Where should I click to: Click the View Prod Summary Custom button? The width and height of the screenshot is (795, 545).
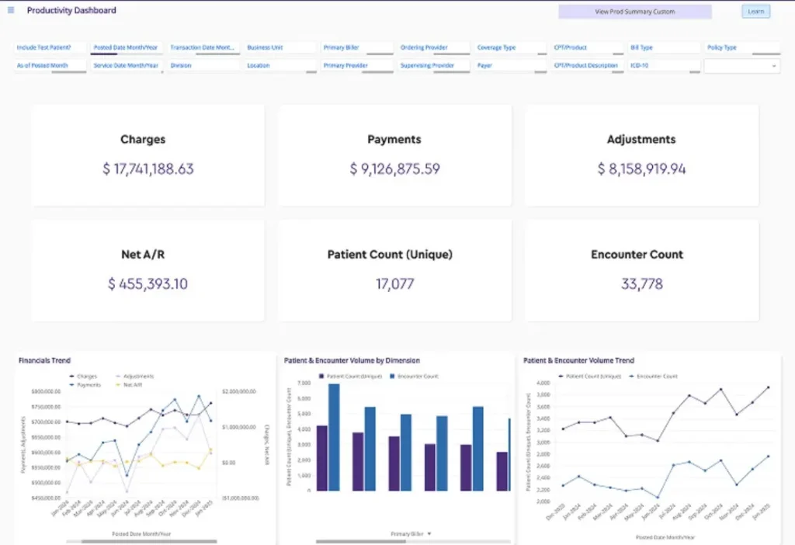click(x=634, y=12)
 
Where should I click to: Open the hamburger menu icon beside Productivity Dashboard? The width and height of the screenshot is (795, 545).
click(x=11, y=11)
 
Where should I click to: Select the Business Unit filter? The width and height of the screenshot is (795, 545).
click(x=279, y=48)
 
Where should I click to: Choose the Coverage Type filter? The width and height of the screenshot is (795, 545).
click(x=509, y=48)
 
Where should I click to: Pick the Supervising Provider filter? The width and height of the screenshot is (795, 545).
click(x=433, y=66)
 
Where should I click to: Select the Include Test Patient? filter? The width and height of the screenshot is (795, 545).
click(x=50, y=48)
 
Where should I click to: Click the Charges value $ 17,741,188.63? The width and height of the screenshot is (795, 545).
click(x=148, y=169)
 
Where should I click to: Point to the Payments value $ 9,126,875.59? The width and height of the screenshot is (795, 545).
click(x=394, y=169)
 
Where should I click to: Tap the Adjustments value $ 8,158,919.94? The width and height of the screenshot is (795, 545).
click(x=641, y=169)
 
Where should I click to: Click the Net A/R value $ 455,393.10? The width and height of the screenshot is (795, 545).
click(x=148, y=284)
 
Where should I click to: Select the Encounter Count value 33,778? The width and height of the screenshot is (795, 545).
click(x=641, y=284)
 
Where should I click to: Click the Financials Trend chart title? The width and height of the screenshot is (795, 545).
click(x=44, y=360)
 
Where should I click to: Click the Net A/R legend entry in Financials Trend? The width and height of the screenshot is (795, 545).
click(x=133, y=384)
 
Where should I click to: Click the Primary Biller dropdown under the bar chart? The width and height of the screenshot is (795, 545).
click(x=411, y=534)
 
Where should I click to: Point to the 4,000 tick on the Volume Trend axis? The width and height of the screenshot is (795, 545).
click(x=543, y=383)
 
